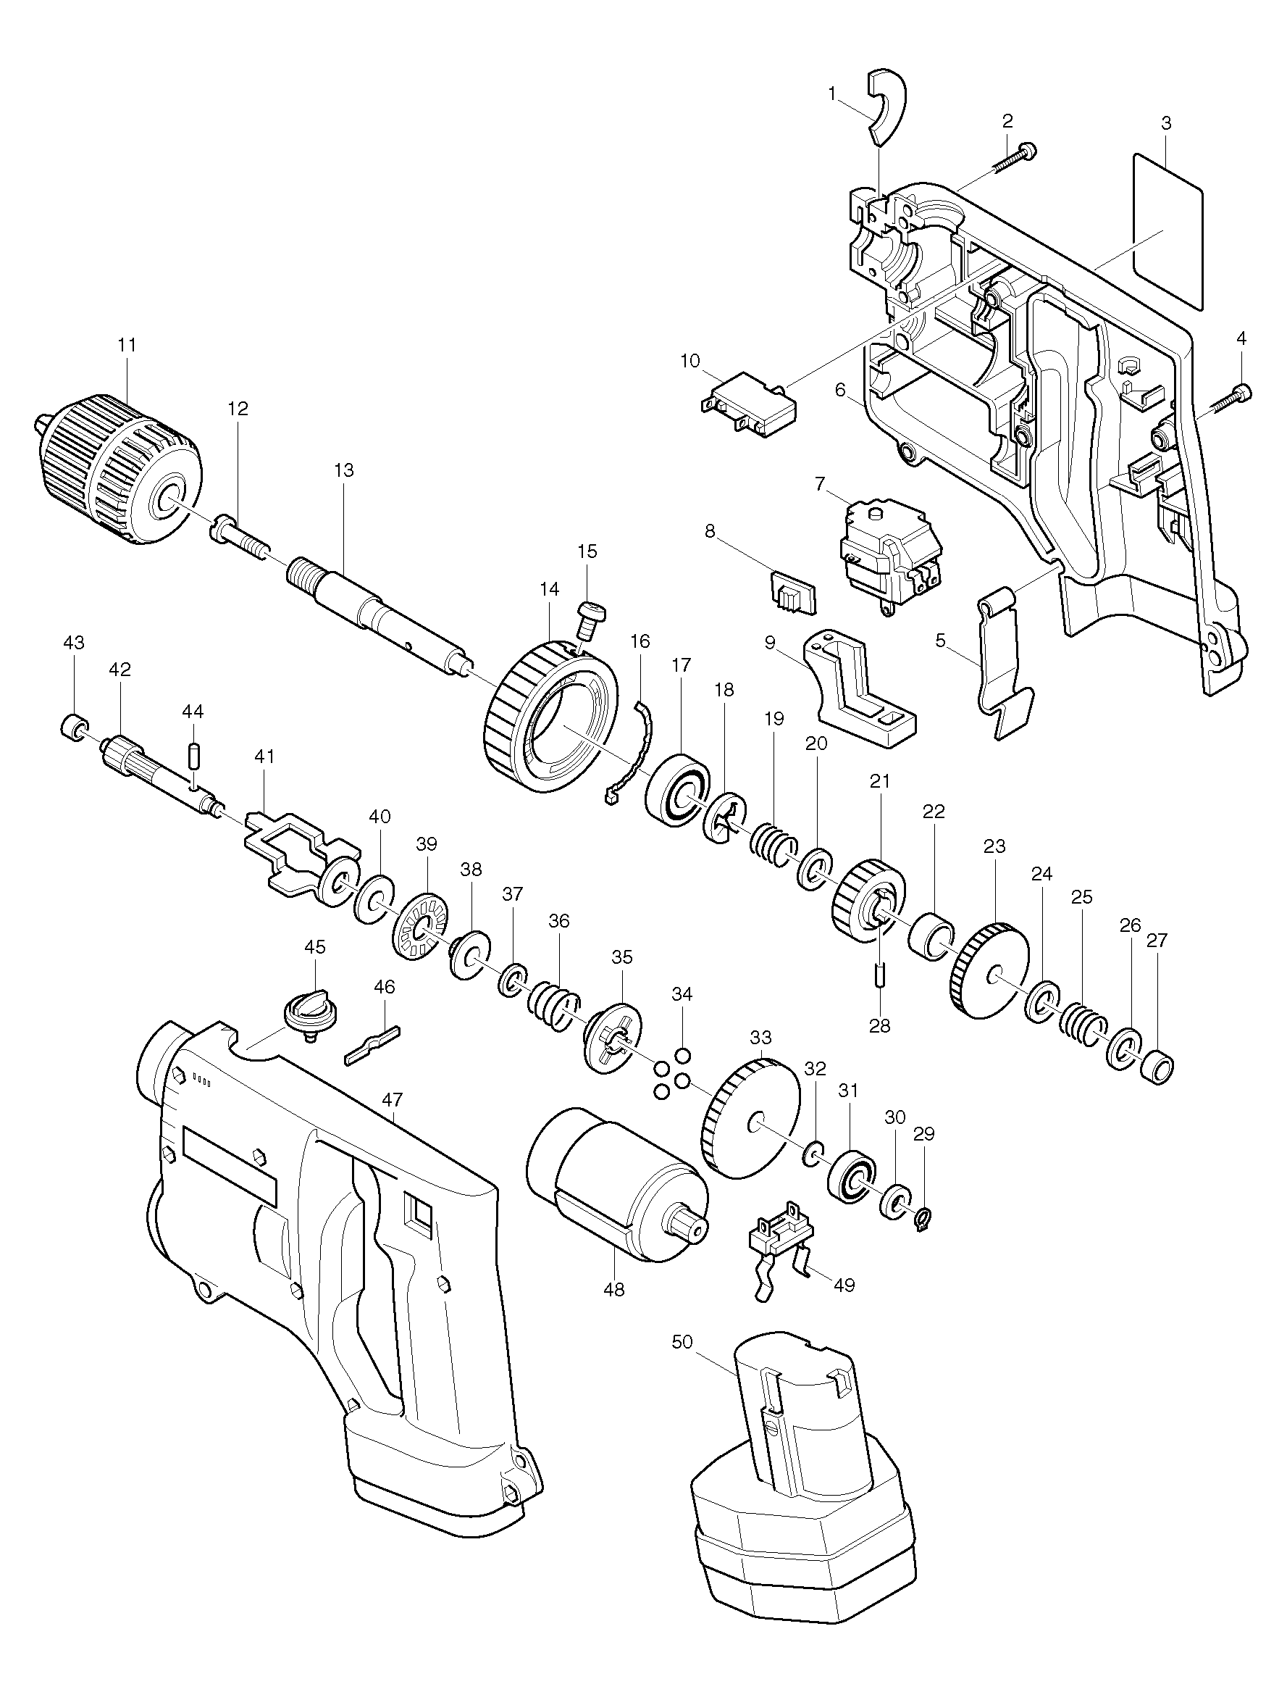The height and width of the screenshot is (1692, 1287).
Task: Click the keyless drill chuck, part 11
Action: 122,469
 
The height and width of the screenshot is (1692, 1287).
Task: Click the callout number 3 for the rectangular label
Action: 1166,122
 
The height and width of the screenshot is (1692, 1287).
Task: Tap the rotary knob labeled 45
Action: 589,617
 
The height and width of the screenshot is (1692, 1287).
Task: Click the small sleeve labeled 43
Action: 72,724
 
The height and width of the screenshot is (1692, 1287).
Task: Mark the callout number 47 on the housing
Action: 393,1101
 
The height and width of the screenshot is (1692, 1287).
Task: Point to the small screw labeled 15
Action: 589,617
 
